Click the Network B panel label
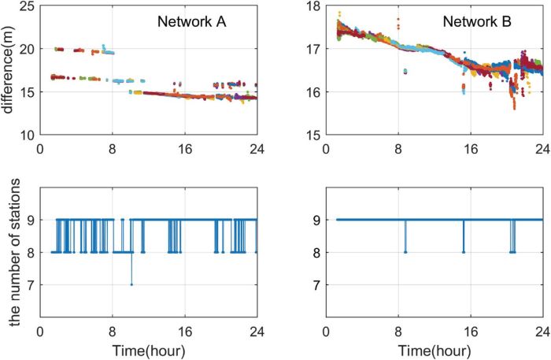tap(475, 24)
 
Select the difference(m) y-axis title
tap(9, 69)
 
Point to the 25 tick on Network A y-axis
tap(29, 6)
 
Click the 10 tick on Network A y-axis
tap(29, 135)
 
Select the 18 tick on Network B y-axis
tap(314, 6)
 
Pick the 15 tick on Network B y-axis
tap(314, 135)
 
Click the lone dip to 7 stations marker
tap(131, 284)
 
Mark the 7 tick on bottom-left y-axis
tap(32, 284)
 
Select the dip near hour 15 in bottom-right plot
tap(464, 251)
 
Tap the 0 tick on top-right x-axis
tap(327, 147)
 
